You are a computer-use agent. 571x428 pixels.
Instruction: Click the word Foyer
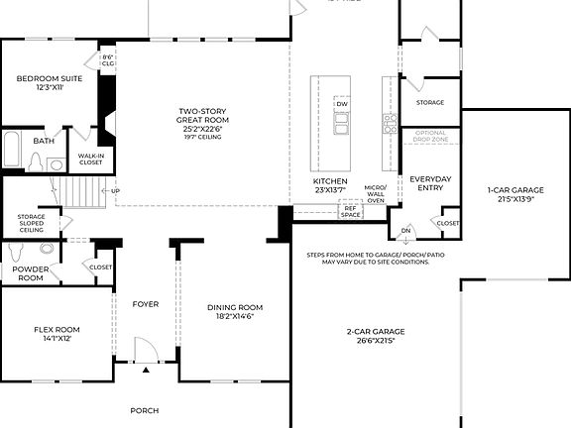pyautogui.click(x=146, y=304)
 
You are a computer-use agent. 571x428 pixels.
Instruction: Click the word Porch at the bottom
pyautogui.click(x=145, y=409)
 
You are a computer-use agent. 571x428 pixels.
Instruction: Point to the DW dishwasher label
pyautogui.click(x=342, y=104)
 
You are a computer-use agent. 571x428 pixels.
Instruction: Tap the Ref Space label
pyautogui.click(x=350, y=211)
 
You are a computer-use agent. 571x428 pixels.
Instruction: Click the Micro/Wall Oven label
pyautogui.click(x=376, y=194)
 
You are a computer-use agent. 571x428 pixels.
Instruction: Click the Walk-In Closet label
pyautogui.click(x=91, y=159)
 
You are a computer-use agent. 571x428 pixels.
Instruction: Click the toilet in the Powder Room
pyautogui.click(x=20, y=254)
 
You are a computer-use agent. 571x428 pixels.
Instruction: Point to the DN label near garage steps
pyautogui.click(x=404, y=231)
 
